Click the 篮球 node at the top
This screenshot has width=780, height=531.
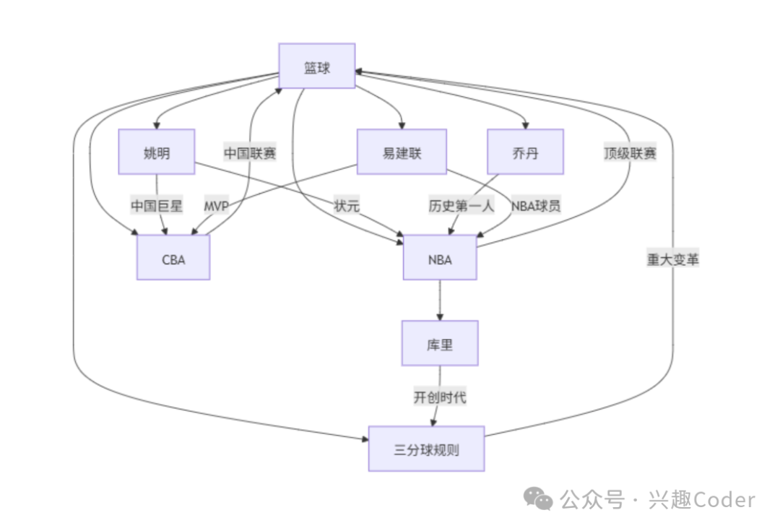tap(317, 66)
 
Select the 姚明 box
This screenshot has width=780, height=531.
tap(157, 152)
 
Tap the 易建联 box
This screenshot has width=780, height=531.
tap(402, 152)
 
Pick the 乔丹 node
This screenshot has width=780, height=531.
tap(525, 152)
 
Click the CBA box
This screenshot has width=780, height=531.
tap(173, 258)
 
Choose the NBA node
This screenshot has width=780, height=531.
tap(440, 258)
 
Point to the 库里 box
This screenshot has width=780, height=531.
tap(440, 343)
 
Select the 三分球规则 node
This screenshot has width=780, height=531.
tap(426, 449)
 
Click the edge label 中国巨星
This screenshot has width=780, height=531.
tap(157, 205)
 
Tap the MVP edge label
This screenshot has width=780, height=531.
tap(216, 205)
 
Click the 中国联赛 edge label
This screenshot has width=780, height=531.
tap(250, 152)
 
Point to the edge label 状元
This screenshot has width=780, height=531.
tap(346, 205)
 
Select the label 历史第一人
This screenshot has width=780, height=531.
tap(461, 205)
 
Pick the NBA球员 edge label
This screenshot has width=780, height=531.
tap(536, 205)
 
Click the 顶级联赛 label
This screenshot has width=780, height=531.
tap(630, 152)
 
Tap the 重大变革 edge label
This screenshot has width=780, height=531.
tap(673, 259)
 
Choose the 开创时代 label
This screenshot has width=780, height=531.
tap(440, 397)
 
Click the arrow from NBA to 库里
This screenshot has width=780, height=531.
tap(440, 300)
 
